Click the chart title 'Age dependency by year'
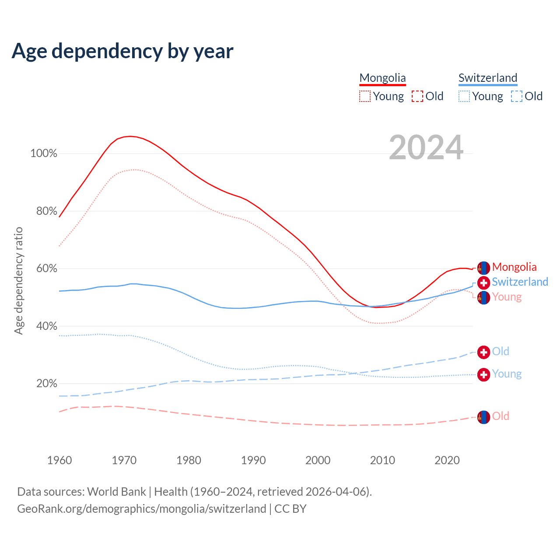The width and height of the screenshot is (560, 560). pos(122,51)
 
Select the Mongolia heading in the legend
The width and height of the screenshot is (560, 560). pos(382,78)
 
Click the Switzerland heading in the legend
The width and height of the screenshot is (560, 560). pos(488,78)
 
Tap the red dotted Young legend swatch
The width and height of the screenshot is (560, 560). pos(365,96)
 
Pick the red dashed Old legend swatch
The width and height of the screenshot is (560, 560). pos(417,96)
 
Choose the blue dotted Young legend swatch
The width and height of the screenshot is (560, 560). pos(464,96)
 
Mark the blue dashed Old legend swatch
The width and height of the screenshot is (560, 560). pos(517,96)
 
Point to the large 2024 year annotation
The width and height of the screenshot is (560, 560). pos(426,148)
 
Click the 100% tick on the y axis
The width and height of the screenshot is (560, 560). pos(44,154)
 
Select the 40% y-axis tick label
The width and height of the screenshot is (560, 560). pos(46,326)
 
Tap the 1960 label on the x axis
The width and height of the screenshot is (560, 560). pos(59,460)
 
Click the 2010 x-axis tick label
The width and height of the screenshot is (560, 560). pos(382,460)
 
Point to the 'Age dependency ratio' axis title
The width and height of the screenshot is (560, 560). pos(18,280)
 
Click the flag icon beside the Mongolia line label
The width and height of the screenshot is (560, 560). pos(483,268)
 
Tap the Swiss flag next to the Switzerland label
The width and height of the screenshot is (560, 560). pos(483,282)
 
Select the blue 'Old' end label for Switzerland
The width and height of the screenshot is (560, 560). pos(500,351)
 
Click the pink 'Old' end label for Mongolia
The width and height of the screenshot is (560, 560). pos(500,416)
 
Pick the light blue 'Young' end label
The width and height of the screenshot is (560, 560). pos(507,374)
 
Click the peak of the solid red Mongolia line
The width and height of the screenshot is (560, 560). pos(130,136)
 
